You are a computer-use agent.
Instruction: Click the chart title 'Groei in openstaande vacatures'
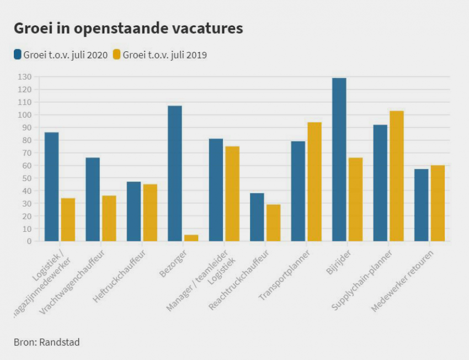(128, 29)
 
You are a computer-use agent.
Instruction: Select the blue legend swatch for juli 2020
(18, 55)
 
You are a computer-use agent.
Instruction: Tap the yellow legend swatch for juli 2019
(117, 55)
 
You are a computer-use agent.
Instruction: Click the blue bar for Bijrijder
(339, 160)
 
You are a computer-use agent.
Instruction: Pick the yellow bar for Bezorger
(191, 238)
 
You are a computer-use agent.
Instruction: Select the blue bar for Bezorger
(175, 173)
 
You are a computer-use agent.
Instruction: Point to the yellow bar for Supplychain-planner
(397, 176)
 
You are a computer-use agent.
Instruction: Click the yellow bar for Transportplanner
(315, 182)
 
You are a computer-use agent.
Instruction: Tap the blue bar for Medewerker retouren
(422, 205)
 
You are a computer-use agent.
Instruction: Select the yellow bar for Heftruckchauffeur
(150, 213)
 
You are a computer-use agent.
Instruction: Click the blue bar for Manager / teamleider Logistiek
(216, 190)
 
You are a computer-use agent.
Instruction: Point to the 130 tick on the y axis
(25, 77)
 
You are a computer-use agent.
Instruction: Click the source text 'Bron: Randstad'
(47, 342)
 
